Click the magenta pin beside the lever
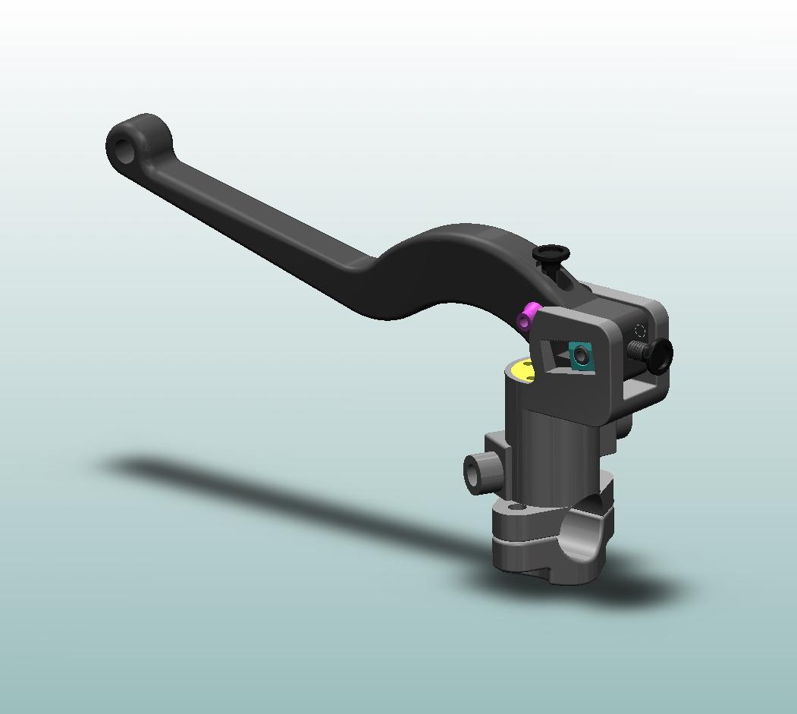(528, 315)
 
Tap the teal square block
(582, 355)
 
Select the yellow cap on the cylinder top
(522, 370)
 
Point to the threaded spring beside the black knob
(639, 350)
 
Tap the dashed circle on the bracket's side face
(639, 331)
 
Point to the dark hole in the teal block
(582, 355)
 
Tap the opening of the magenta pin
(523, 321)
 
